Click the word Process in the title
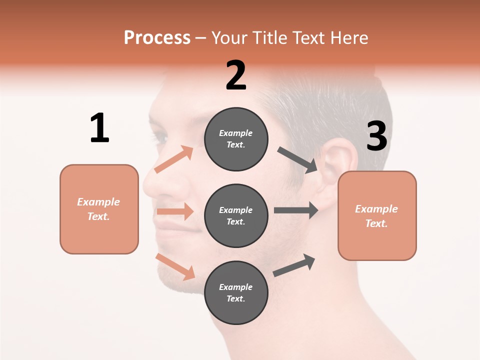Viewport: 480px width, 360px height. pyautogui.click(x=157, y=37)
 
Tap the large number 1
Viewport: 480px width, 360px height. pyautogui.click(x=99, y=128)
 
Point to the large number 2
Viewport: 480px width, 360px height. pyautogui.click(x=236, y=75)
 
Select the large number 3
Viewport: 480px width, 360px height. pyautogui.click(x=376, y=136)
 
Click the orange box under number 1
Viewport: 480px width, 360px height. pyautogui.click(x=99, y=209)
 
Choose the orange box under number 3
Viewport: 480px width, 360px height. pyautogui.click(x=377, y=215)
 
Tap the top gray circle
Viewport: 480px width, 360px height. pyautogui.click(x=236, y=139)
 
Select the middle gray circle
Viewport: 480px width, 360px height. pyautogui.click(x=236, y=215)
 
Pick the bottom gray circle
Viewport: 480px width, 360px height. pyautogui.click(x=236, y=292)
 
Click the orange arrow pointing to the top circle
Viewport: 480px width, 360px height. pyautogui.click(x=174, y=159)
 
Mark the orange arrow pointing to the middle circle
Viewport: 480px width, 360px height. pyautogui.click(x=175, y=211)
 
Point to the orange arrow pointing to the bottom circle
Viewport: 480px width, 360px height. pyautogui.click(x=175, y=266)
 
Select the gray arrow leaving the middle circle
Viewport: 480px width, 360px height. pyautogui.click(x=296, y=210)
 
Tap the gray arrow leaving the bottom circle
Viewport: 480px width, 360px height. pyautogui.click(x=294, y=265)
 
